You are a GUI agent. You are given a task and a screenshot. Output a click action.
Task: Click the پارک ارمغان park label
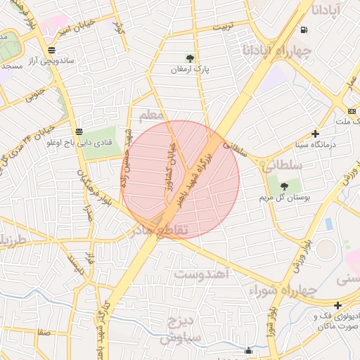pos(190,71)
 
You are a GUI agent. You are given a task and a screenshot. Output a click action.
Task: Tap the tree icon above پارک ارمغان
pos(190,58)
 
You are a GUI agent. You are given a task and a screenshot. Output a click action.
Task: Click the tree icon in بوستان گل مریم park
pos(284,186)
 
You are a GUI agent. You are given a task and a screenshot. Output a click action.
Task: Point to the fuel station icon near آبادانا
pos(303,30)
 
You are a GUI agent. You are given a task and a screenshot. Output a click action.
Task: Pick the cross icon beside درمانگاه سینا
pos(316,133)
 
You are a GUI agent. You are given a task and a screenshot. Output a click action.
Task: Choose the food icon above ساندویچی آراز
pos(51,50)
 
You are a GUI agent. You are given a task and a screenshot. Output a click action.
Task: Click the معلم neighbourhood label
pos(151,115)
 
